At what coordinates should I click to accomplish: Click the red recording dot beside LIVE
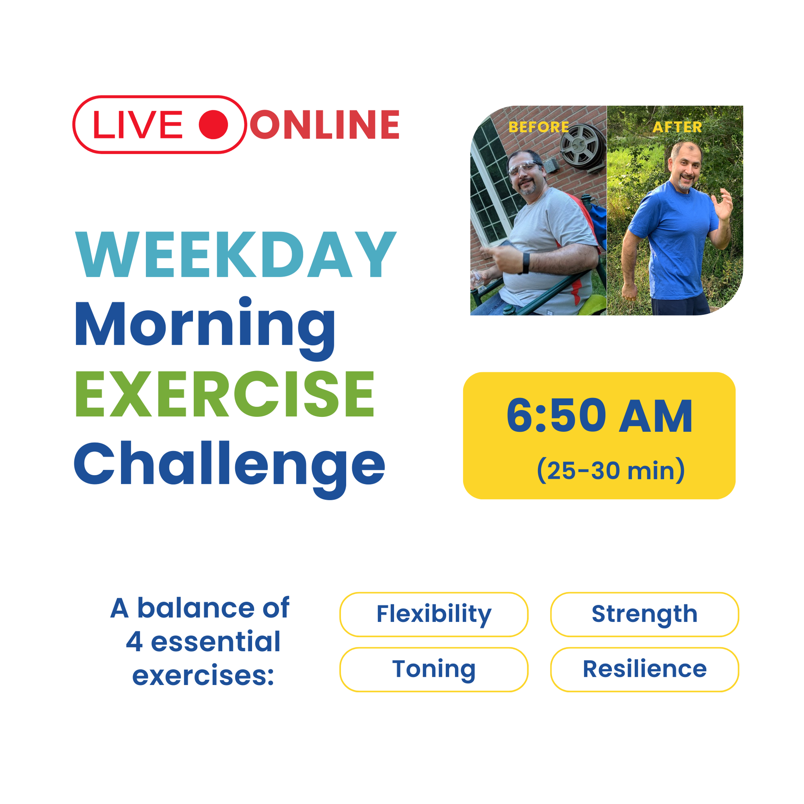213,124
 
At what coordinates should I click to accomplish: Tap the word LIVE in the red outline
138,125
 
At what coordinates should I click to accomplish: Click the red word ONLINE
325,124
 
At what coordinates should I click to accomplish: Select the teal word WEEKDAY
235,254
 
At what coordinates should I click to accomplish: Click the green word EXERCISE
225,394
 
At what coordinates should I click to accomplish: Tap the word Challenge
229,469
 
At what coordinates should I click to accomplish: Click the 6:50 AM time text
599,416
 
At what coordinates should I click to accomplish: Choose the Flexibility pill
434,614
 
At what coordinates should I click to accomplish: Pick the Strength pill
644,614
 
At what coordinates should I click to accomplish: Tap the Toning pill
434,669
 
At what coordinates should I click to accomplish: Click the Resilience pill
644,669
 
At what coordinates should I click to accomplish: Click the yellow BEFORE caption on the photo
538,127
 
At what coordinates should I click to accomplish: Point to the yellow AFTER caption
677,127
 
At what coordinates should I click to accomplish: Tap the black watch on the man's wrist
526,263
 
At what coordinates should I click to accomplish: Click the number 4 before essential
134,641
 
